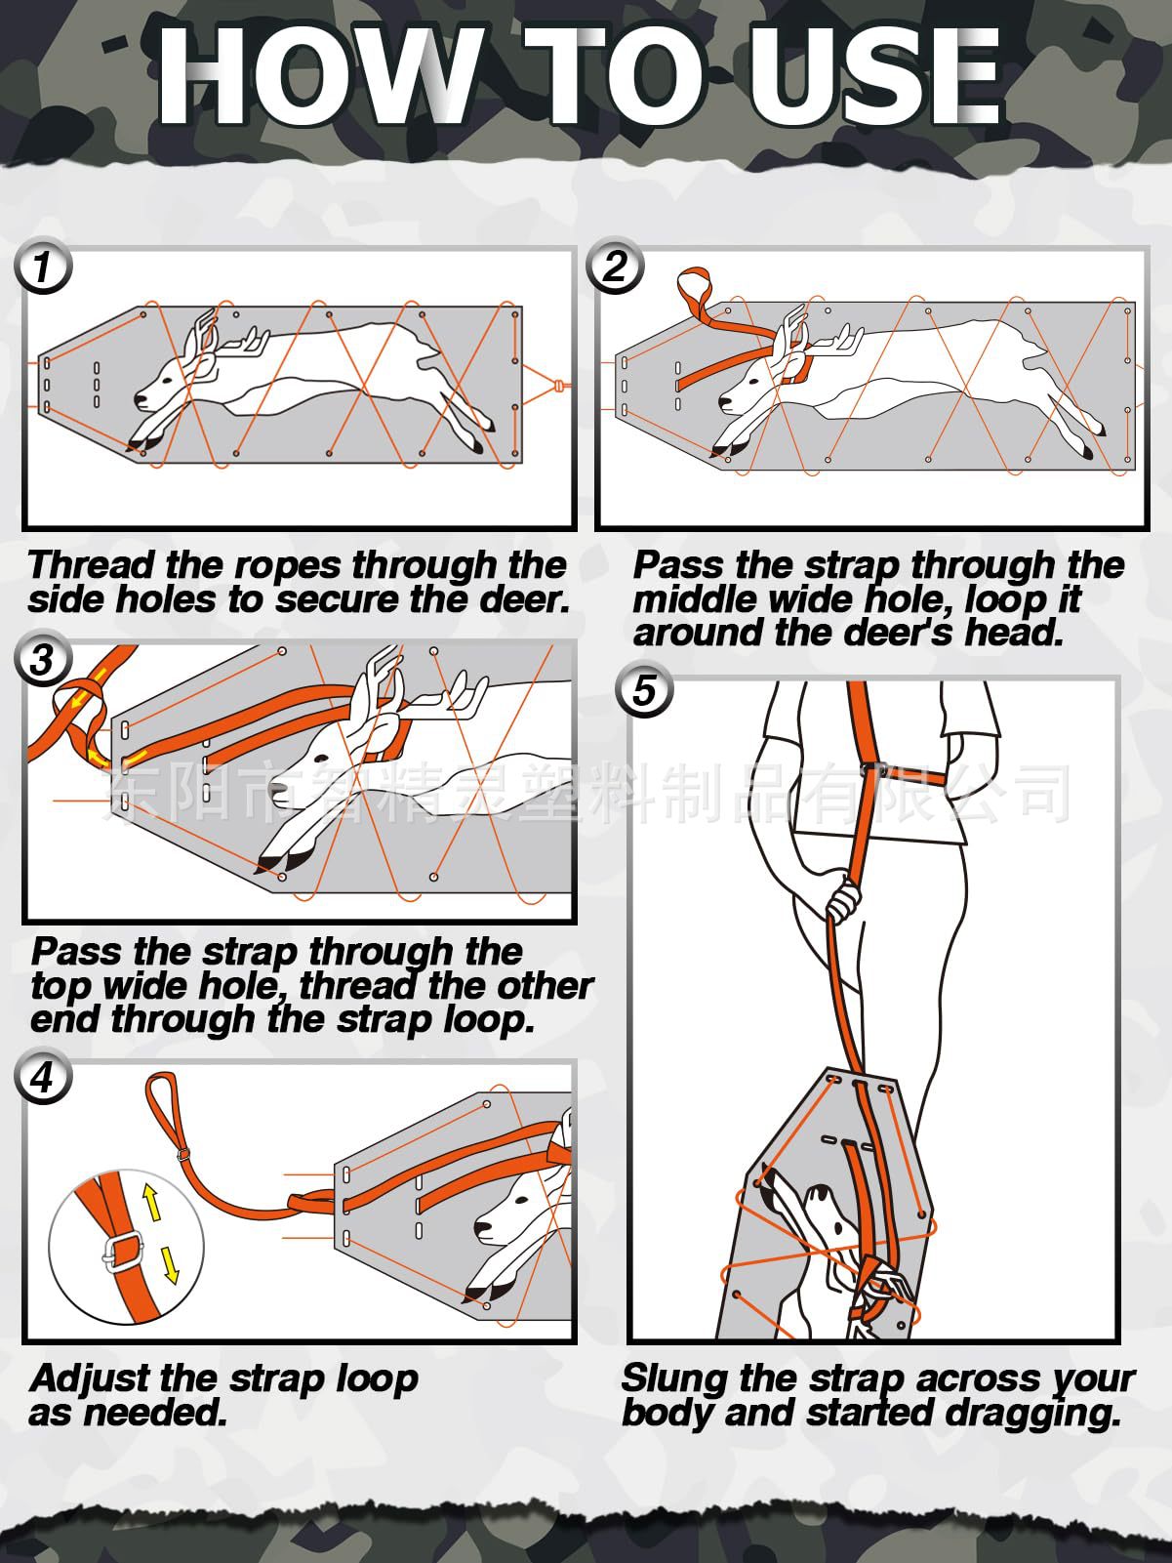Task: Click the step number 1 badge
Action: (x=43, y=267)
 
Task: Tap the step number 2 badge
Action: (x=615, y=266)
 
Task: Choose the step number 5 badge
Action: (x=645, y=690)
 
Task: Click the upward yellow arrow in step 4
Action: (x=151, y=1202)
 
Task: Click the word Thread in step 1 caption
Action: (x=92, y=565)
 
